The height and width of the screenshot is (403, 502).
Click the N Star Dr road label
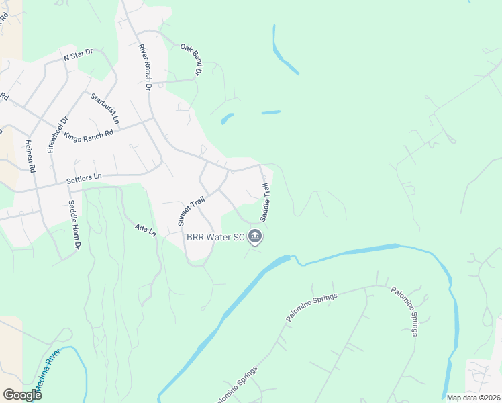[x=77, y=57]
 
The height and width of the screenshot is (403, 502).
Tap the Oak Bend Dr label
[x=191, y=59]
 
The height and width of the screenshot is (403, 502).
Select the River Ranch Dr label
[x=144, y=66]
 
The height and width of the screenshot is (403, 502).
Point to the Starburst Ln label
[x=105, y=108]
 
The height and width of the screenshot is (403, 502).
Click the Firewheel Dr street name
[x=57, y=134]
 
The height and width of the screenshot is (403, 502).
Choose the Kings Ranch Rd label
[x=89, y=131]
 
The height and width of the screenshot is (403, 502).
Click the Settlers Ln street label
[x=83, y=178]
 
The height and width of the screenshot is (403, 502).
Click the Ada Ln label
[x=145, y=230]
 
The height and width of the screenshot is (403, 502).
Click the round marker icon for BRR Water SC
[x=255, y=236]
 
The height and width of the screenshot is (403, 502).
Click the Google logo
[x=22, y=394]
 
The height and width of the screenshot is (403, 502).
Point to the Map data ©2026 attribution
[x=472, y=398]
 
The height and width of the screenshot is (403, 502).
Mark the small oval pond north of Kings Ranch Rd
[x=227, y=119]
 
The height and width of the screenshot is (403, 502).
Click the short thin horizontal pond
[x=270, y=112]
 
